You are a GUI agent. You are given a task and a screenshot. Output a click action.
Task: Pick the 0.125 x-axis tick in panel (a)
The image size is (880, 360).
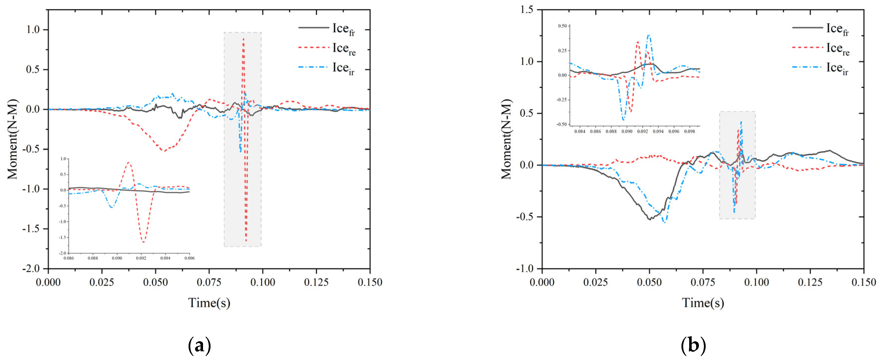coord(316,282)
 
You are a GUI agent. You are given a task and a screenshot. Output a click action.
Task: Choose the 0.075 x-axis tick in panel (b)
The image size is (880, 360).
coord(703,282)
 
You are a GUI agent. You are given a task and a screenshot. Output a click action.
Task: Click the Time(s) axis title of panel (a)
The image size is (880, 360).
coord(209,303)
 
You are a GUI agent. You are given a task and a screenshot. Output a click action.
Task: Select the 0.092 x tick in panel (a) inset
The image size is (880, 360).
coord(141,258)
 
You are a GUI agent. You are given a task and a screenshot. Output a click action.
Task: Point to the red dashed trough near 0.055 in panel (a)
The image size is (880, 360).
coord(164,151)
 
